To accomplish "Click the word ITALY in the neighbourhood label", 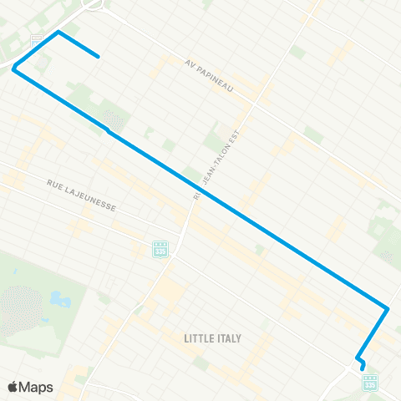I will pos(228,338).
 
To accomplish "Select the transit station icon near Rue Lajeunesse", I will pos(160,248).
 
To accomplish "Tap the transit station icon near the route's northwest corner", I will pos(36,39).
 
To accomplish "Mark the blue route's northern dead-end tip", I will pos(99,57).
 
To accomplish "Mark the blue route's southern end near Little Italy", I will pos(363,367).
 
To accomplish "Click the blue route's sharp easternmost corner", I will pos(388,308).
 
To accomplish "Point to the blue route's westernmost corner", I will pos(13,69).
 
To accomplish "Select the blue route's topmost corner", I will pos(58,33).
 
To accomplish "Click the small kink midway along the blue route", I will pos(109,131).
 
